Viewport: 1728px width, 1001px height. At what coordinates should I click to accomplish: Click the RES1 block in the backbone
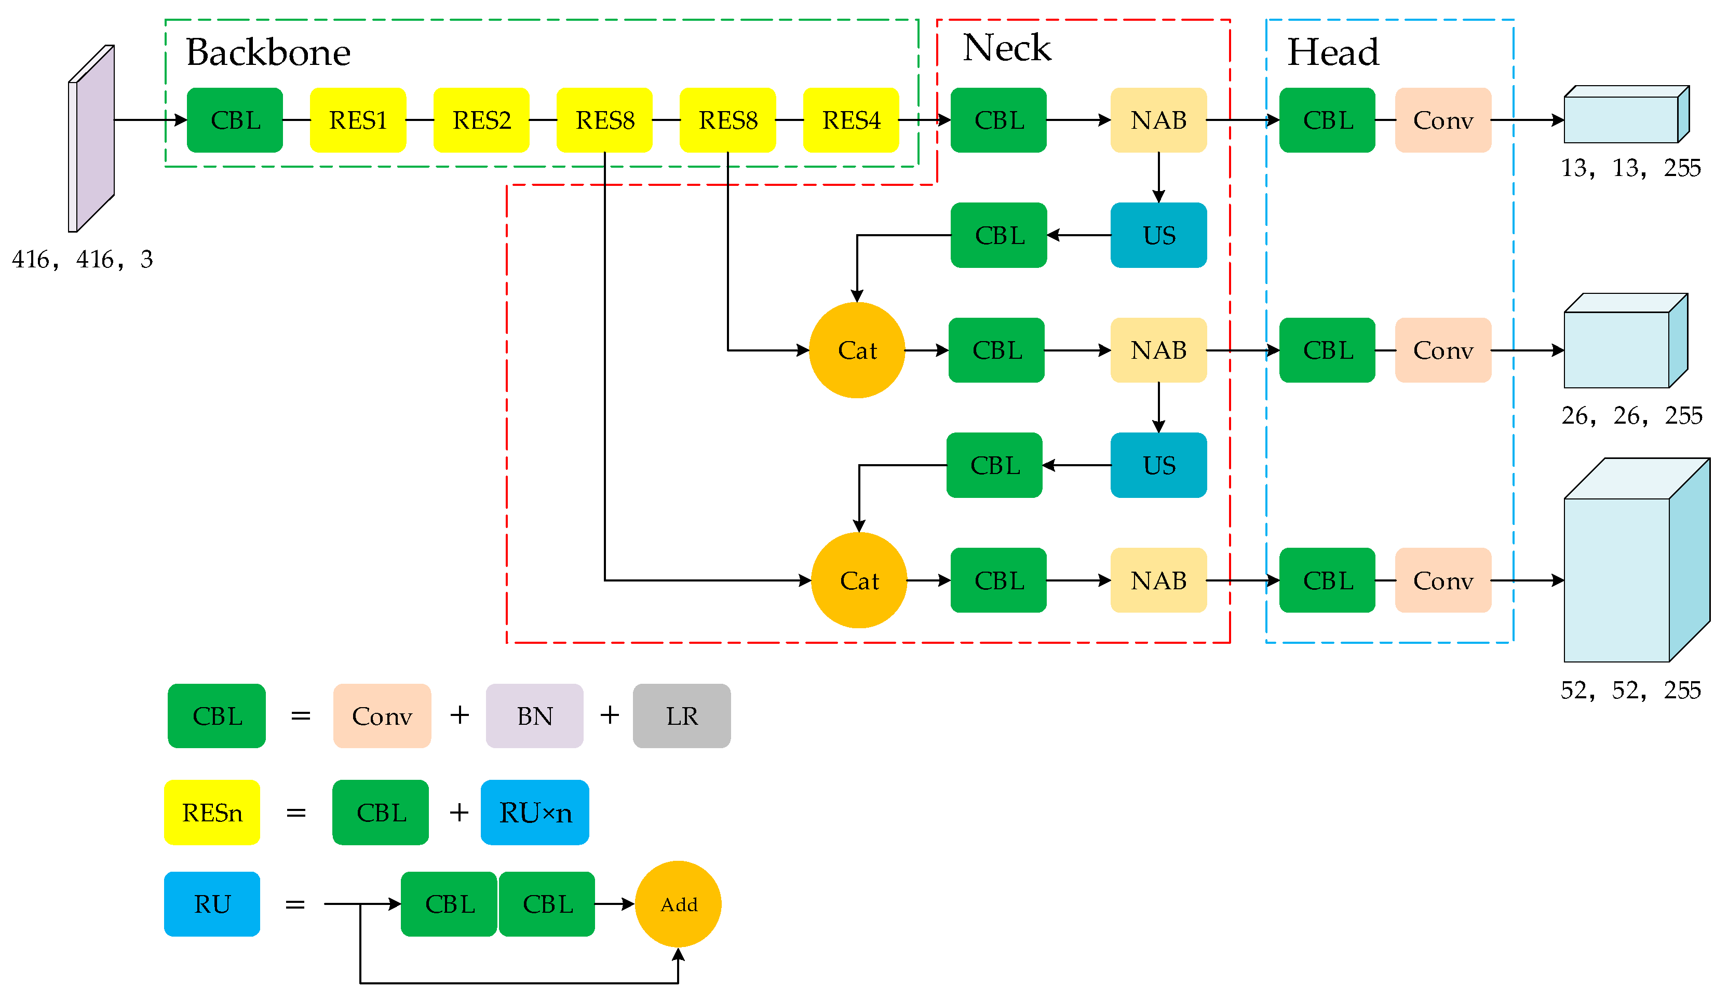357,120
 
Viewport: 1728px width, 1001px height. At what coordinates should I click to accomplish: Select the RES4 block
851,120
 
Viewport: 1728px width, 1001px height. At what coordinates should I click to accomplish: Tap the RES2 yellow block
481,120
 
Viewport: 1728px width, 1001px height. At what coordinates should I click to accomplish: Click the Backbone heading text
268,53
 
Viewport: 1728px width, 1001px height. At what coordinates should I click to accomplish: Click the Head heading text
1332,53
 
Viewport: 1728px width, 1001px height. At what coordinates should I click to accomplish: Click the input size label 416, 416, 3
82,259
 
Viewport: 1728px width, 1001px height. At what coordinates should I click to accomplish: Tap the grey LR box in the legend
682,716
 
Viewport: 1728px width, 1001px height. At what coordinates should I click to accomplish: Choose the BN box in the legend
534,716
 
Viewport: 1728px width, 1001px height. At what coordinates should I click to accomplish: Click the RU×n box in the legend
534,813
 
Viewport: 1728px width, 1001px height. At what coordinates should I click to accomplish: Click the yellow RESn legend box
212,813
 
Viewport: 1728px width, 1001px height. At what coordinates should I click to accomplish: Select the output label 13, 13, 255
1630,168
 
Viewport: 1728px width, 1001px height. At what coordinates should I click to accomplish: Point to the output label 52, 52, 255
1630,689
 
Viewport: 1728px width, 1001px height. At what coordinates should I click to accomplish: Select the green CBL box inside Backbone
235,120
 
